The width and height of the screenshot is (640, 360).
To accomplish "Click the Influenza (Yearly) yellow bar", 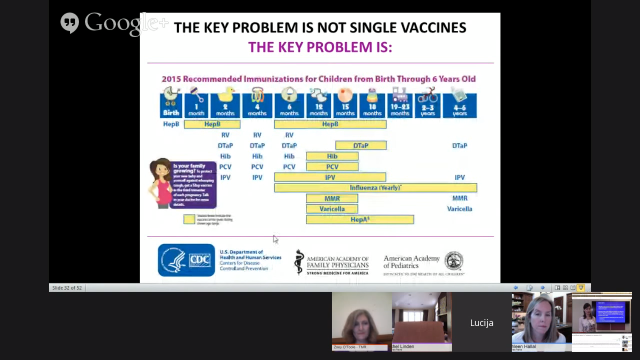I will point(375,188).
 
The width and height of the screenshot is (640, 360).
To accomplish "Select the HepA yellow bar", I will point(360,219).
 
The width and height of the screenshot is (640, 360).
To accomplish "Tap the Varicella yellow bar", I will point(332,209).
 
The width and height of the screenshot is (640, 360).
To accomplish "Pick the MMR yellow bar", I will point(332,199).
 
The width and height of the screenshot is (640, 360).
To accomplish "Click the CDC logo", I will point(186,260).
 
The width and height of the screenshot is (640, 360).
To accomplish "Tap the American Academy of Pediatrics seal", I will point(454,261).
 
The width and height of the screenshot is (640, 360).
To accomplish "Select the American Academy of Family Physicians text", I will point(337,262).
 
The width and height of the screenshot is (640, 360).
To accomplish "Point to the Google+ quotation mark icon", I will point(70,22).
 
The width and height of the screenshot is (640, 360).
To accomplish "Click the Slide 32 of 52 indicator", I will point(67,288).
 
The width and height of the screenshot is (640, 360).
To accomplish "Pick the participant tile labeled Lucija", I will point(482,322).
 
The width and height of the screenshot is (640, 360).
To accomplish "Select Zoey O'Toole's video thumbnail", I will point(362,321).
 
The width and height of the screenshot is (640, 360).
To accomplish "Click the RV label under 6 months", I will point(289,135).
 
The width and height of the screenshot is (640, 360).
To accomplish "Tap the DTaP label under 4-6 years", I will point(460,146).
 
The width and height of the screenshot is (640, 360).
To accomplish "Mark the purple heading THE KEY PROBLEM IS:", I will point(320,47).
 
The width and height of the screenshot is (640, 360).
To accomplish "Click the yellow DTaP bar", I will point(361,146).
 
